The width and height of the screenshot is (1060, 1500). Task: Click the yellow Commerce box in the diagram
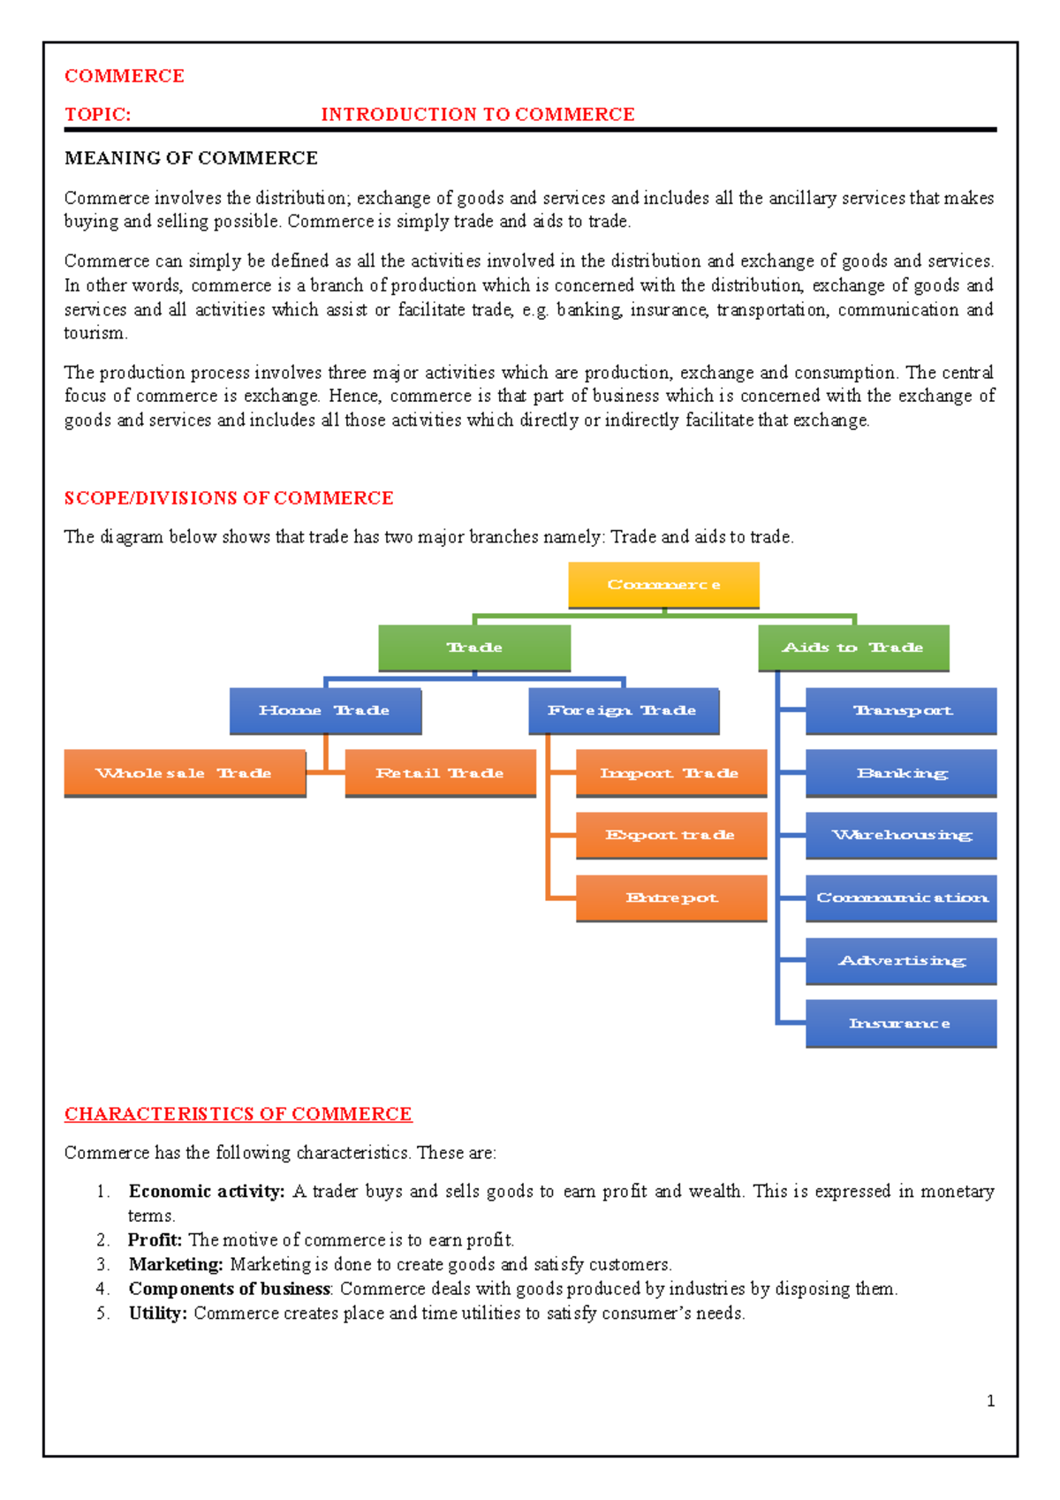663,585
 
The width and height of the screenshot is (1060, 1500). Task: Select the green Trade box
474,648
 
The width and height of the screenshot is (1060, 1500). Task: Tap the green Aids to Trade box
853,648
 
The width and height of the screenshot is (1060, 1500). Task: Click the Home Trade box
325,710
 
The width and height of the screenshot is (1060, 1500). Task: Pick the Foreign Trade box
624,710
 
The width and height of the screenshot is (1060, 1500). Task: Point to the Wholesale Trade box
185,773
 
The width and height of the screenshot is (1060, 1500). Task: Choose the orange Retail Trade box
440,773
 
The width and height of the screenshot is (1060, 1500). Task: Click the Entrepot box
671,898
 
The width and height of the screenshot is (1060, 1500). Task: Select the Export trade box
671,835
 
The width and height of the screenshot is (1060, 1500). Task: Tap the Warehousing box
901,835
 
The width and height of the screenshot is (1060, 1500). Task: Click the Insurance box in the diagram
901,1023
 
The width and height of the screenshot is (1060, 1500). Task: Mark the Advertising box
901,960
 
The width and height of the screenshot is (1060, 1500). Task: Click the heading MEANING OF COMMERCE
191,158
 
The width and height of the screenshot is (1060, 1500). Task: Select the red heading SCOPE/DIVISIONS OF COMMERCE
229,498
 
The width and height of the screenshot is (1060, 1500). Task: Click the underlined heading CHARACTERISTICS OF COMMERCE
238,1114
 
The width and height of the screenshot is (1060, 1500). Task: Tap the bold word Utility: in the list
158,1314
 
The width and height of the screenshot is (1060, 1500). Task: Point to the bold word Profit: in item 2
155,1240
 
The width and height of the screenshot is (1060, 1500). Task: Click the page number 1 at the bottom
990,1401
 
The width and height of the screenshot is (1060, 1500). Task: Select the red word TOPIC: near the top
97,115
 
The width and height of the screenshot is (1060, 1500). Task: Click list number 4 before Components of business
102,1289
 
